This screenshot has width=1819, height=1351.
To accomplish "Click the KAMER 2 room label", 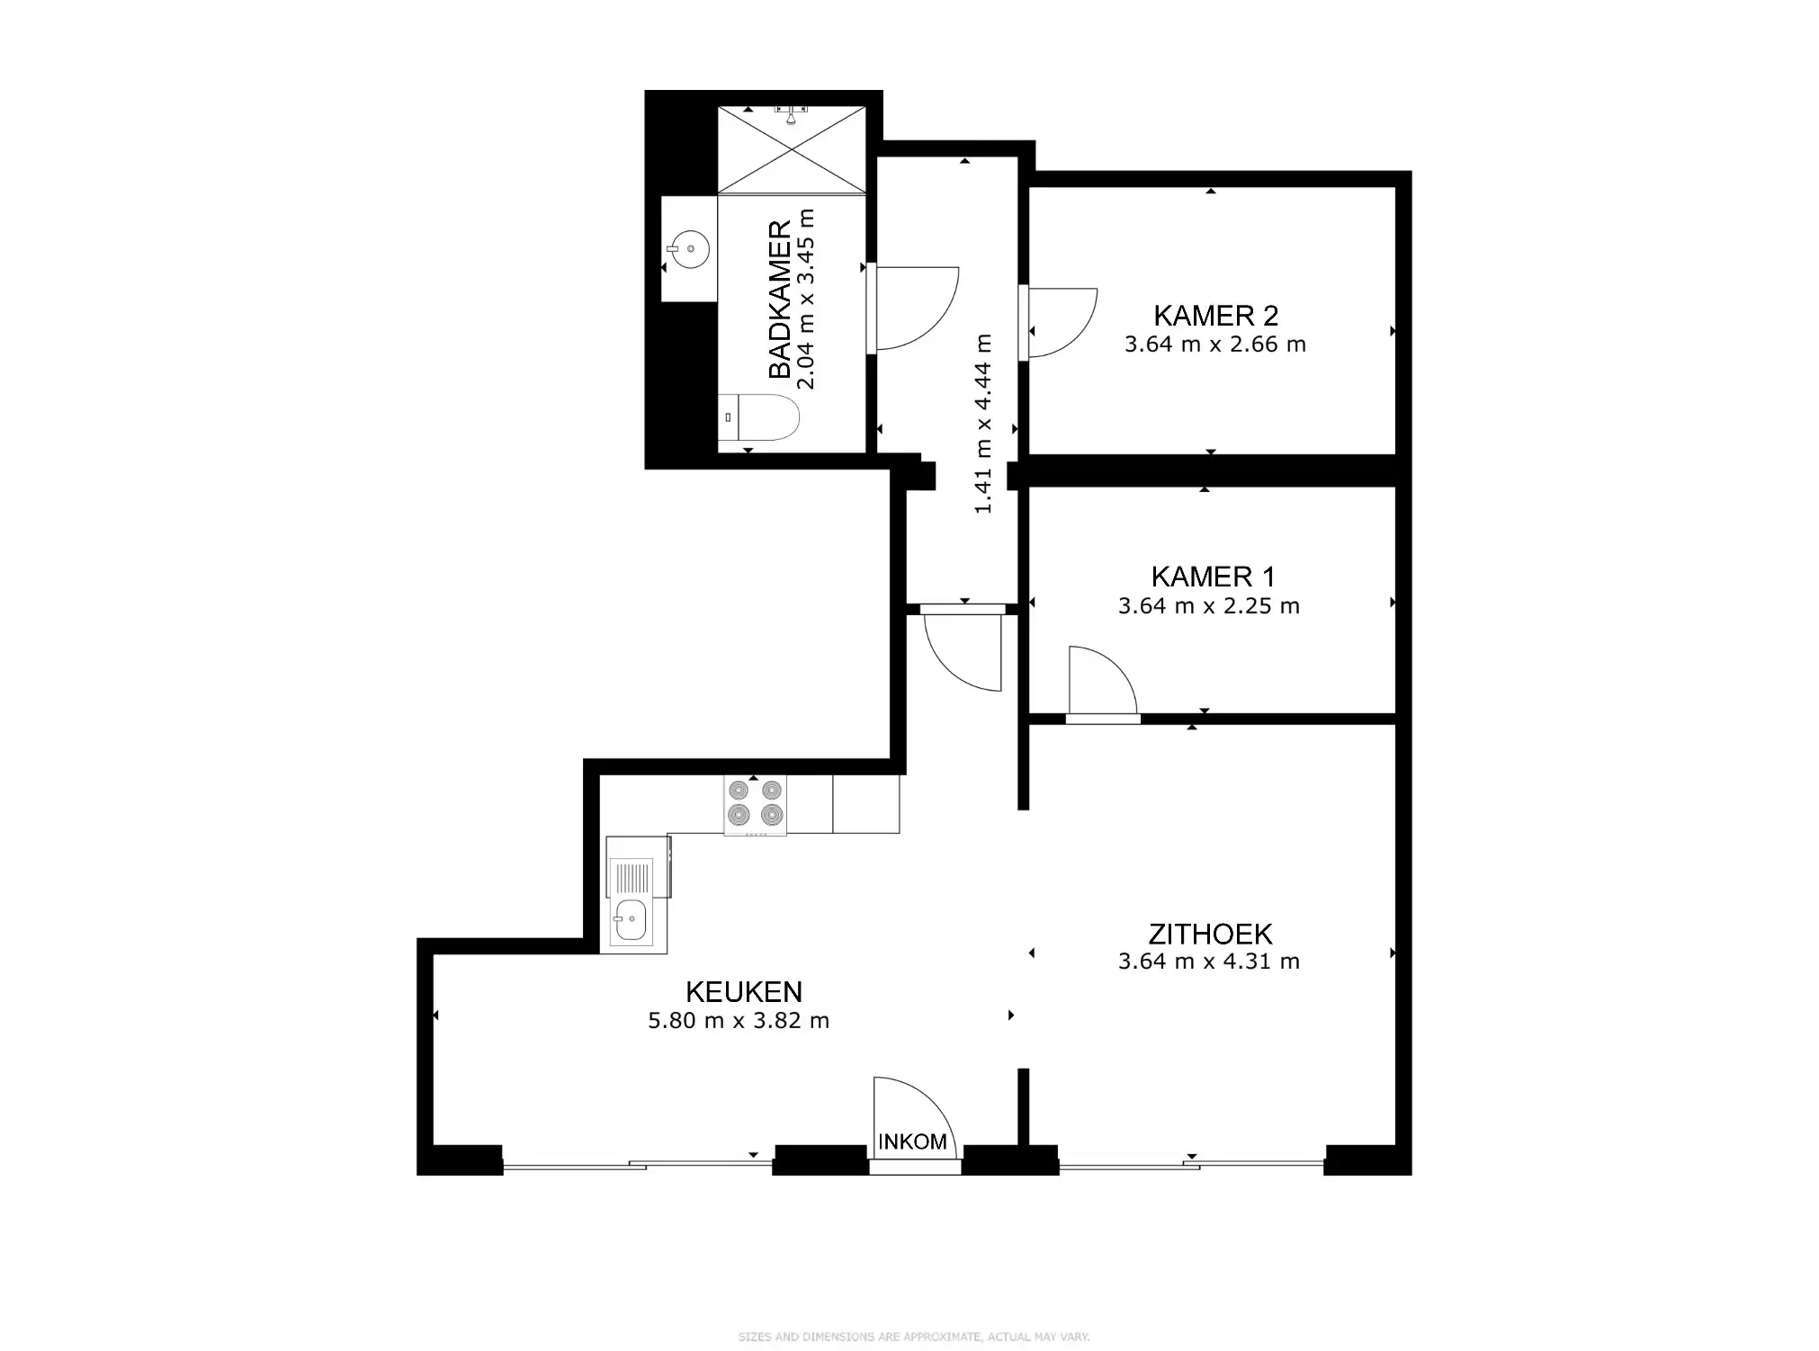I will pyautogui.click(x=1215, y=316).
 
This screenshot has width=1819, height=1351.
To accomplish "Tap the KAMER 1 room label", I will pyautogui.click(x=1213, y=577).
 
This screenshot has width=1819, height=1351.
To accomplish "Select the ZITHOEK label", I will pyautogui.click(x=1210, y=934).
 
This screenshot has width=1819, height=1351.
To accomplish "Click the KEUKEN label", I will pyautogui.click(x=743, y=991).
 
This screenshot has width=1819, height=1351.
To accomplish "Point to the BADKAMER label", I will pyautogui.click(x=779, y=299).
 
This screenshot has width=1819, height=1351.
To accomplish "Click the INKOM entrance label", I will pyautogui.click(x=912, y=1141).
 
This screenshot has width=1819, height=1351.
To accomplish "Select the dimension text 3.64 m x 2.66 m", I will pyautogui.click(x=1214, y=344).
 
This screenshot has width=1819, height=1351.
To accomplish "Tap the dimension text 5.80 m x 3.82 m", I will pyautogui.click(x=739, y=1021).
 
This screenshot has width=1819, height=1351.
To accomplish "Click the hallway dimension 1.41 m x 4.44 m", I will pyautogui.click(x=983, y=424).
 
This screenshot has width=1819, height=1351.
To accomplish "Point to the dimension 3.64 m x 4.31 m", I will pyautogui.click(x=1208, y=962).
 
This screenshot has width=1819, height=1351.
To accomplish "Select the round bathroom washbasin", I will pyautogui.click(x=690, y=248).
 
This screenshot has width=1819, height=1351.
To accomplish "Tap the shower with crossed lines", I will pyautogui.click(x=791, y=149).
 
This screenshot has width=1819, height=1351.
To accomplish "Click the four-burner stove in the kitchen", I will pyautogui.click(x=755, y=803).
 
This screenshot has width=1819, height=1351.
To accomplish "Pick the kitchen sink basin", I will pyautogui.click(x=630, y=919).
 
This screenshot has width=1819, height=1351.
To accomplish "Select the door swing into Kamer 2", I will pyautogui.click(x=1062, y=322).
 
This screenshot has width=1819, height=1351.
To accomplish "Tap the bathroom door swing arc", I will pyautogui.click(x=915, y=309).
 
